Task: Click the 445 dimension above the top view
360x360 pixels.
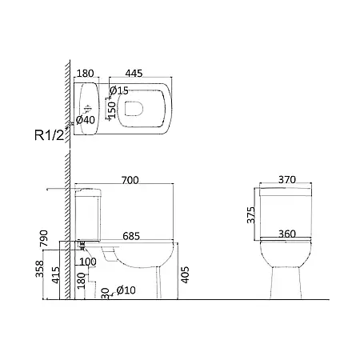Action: [x=134, y=73]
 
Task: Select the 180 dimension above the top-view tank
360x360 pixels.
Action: [x=86, y=73]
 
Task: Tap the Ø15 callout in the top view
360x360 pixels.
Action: [x=119, y=90]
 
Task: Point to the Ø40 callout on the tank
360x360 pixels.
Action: [x=86, y=120]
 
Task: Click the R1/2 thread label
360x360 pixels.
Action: [x=50, y=135]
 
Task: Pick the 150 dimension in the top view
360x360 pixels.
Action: [x=112, y=110]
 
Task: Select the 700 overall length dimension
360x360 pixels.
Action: [x=130, y=180]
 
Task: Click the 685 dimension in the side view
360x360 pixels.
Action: [x=131, y=236]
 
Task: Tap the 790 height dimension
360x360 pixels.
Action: [x=43, y=238]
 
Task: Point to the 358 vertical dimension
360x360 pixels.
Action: [x=39, y=269]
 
